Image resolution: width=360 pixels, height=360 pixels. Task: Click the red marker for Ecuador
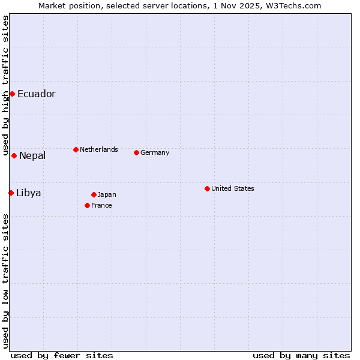point(12,94)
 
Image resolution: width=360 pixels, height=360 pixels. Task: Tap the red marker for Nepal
point(14,155)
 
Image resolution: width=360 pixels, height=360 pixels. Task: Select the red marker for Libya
point(11,193)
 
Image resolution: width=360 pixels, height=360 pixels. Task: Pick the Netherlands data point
point(76,149)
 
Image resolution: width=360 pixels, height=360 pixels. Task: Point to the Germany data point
point(136,152)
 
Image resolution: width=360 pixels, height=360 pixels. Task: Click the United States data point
point(207,188)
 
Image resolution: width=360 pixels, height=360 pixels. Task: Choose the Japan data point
point(94,194)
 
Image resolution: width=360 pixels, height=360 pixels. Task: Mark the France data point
point(87,205)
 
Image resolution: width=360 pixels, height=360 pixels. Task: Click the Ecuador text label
point(36,94)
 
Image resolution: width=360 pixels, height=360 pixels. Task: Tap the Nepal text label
point(32,156)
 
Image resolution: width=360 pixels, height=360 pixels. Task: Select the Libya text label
point(29,193)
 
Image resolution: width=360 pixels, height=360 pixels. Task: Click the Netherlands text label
point(99,149)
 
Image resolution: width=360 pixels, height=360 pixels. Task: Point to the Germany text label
point(155,152)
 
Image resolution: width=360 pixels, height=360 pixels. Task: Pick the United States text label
point(233,188)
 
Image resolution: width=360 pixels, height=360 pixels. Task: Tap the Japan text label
point(107,194)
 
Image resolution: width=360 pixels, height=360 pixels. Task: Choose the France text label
point(101,205)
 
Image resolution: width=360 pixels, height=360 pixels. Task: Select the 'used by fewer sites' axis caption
point(62,355)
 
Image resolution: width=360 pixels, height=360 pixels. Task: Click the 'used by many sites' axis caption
point(301,355)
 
